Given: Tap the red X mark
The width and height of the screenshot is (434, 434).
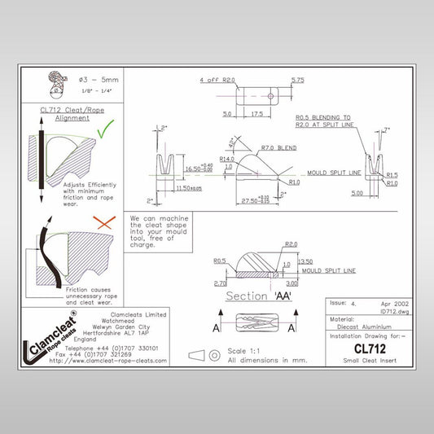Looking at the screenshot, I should (x=102, y=221).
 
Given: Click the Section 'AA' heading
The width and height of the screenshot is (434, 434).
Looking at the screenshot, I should (x=258, y=296).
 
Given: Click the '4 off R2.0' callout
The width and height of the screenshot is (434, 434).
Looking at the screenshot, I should (x=217, y=81).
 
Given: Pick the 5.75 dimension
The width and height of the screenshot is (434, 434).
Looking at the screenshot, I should (x=297, y=80).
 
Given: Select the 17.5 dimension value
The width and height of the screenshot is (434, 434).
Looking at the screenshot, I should (x=256, y=115).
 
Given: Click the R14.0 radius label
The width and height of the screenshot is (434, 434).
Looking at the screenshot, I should (x=226, y=159).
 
